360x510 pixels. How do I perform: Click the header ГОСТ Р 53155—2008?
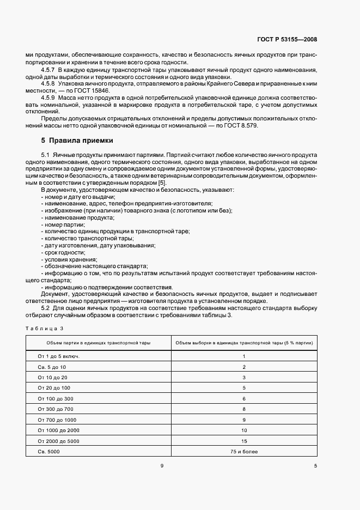[x=288, y=40]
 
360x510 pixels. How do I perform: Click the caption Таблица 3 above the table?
[x=45, y=328]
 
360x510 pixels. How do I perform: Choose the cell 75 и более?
[x=244, y=452]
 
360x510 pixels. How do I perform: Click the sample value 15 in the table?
[x=244, y=441]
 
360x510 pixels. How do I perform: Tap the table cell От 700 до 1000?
[x=57, y=420]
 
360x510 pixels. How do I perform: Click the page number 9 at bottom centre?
[x=162, y=466]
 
